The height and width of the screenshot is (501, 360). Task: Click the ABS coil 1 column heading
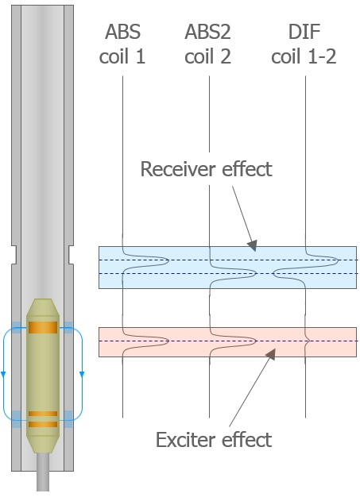click(x=122, y=44)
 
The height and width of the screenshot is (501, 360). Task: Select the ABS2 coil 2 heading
click(x=208, y=44)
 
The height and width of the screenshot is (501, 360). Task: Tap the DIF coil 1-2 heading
click(x=304, y=44)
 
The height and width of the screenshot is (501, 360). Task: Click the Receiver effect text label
click(x=207, y=169)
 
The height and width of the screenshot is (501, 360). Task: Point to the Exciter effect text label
click(x=214, y=440)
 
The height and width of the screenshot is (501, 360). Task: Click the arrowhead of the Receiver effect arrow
click(x=253, y=245)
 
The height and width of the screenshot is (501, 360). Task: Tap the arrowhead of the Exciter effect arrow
click(x=271, y=353)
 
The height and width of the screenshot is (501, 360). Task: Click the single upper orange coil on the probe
click(x=43, y=327)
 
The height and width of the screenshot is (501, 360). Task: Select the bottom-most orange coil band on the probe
click(x=43, y=424)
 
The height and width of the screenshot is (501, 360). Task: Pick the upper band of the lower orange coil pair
click(x=43, y=414)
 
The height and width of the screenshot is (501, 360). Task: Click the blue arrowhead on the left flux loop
click(x=3, y=374)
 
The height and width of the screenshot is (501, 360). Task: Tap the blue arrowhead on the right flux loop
click(x=82, y=374)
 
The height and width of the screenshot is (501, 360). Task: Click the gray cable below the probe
click(x=43, y=472)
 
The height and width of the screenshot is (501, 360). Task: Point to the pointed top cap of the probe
click(x=43, y=307)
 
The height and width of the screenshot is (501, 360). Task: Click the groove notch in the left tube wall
click(x=14, y=255)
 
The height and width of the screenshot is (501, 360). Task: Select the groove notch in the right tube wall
click(x=72, y=255)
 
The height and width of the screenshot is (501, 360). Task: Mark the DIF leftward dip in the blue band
click(x=276, y=273)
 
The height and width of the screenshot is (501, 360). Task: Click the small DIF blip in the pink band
click(x=308, y=341)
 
